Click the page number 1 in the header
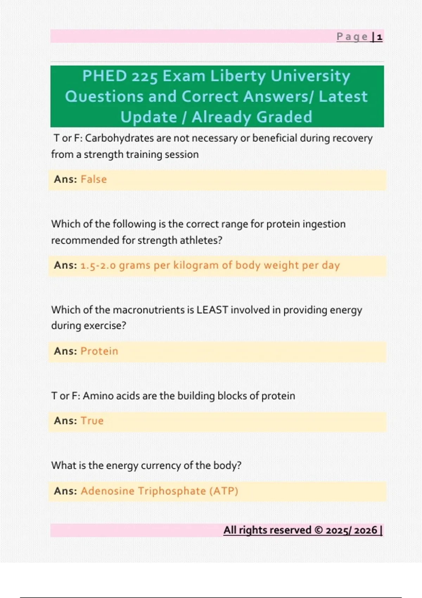379,37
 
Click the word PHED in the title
104,76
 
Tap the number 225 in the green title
145,77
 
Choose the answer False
94,179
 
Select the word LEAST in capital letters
212,310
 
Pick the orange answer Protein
99,351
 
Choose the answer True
92,421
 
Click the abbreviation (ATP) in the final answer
224,491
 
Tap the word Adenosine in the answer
107,491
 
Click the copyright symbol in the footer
318,530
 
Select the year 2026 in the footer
365,530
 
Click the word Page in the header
352,37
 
